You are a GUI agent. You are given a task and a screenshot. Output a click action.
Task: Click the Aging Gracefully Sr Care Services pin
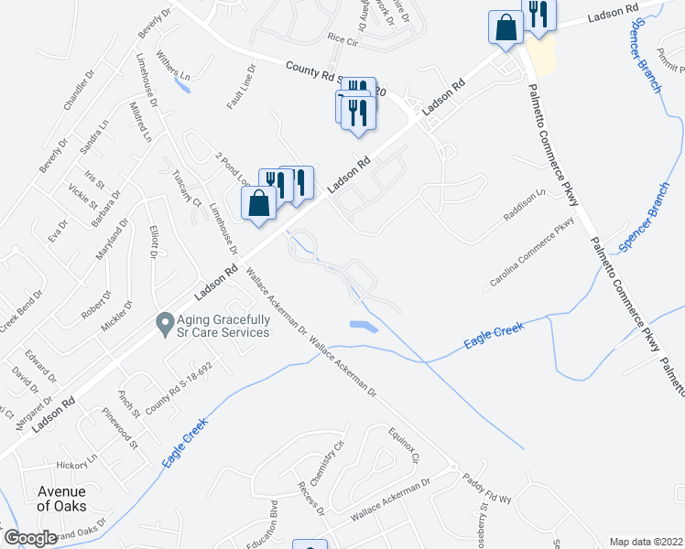(165, 323)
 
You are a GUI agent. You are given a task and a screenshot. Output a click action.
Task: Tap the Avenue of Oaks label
(61, 499)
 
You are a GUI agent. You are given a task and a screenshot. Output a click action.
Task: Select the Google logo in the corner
(30, 538)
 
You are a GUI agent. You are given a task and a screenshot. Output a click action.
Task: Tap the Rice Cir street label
(341, 40)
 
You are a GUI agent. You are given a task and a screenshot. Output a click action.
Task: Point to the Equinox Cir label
(402, 444)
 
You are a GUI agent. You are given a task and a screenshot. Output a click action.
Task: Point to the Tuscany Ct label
(186, 188)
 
